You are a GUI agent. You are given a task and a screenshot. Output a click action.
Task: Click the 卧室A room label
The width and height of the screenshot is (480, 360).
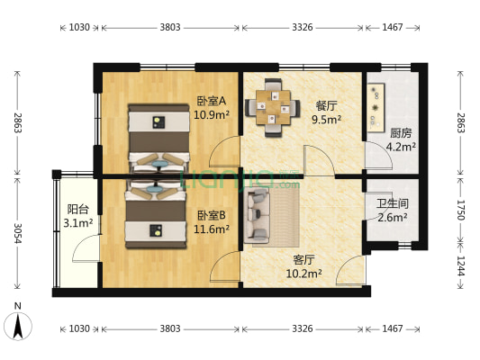click(x=212, y=101)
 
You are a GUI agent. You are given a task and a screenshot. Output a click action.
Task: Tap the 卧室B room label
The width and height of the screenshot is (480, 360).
click(x=212, y=216)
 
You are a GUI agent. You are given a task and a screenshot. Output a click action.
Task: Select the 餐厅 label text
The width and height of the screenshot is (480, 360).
click(x=326, y=106)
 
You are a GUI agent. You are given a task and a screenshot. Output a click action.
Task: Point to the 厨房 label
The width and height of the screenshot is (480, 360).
click(x=401, y=133)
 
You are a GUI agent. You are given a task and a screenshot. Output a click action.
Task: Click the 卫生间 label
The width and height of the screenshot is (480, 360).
click(x=392, y=203)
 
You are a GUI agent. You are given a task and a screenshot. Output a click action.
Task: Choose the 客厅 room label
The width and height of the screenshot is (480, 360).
click(x=303, y=260)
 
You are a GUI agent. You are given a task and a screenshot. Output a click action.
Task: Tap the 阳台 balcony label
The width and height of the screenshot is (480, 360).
click(x=78, y=210)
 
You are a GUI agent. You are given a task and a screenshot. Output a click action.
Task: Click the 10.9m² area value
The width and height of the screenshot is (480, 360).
click(x=212, y=115)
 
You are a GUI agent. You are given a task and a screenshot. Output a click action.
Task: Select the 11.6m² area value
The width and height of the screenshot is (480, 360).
click(x=212, y=229)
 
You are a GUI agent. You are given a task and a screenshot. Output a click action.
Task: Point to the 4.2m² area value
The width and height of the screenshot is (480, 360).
click(x=401, y=147)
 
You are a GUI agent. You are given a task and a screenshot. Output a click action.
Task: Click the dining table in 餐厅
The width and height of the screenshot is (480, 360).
click(x=273, y=107)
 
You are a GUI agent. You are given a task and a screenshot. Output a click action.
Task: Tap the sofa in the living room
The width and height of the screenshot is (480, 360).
click(x=257, y=216)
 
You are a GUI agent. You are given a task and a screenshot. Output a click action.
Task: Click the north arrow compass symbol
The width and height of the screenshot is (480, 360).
click(x=18, y=326)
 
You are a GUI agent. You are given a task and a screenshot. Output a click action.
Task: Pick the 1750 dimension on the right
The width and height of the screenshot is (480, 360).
click(x=461, y=210)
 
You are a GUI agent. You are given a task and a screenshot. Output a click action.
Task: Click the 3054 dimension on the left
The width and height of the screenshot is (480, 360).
click(x=18, y=233)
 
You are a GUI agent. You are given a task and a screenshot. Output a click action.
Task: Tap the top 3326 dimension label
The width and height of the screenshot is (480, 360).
click(x=303, y=28)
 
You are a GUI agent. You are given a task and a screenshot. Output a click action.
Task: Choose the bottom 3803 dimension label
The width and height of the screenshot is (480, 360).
click(x=170, y=328)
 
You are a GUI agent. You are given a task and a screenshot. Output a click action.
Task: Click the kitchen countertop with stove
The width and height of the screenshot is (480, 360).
click(x=376, y=108)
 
